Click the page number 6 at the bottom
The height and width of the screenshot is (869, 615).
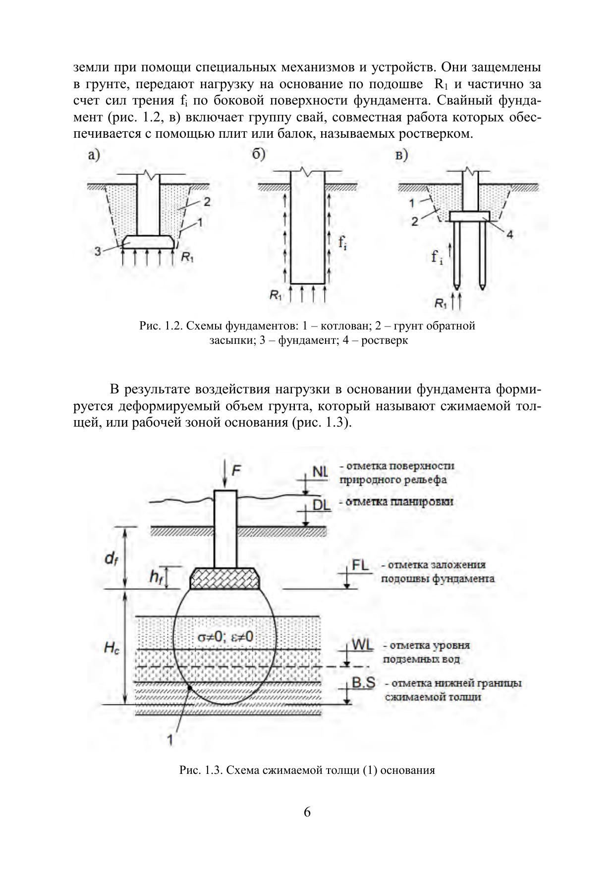pyautogui.click(x=307, y=813)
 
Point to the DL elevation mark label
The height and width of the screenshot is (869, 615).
pyautogui.click(x=322, y=504)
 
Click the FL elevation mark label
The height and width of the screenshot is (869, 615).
pyautogui.click(x=360, y=565)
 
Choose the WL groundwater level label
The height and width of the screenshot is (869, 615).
pyautogui.click(x=362, y=646)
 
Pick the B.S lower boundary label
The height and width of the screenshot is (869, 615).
pyautogui.click(x=363, y=683)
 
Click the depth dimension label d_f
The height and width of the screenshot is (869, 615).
pyautogui.click(x=111, y=558)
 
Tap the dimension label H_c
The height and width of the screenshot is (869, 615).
pyautogui.click(x=112, y=649)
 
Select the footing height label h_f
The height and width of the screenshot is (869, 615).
pyautogui.click(x=156, y=577)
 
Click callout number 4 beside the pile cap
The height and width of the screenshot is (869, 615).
pyautogui.click(x=509, y=234)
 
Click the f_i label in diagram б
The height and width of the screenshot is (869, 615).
pyautogui.click(x=342, y=242)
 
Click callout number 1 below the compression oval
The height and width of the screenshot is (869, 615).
pyautogui.click(x=170, y=740)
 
